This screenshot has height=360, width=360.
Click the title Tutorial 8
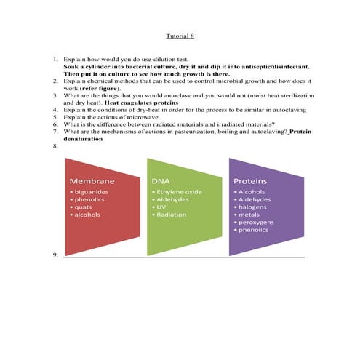pyautogui.click(x=180, y=34)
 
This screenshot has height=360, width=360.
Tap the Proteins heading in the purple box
pyautogui.click(x=249, y=180)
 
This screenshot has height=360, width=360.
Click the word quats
pyautogui.click(x=82, y=207)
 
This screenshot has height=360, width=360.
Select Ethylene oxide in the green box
pyautogui.click(x=178, y=191)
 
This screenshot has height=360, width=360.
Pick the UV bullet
pyautogui.click(x=161, y=207)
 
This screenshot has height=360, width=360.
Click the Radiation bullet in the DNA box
pyautogui.click(x=171, y=215)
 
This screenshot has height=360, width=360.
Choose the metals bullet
pyautogui.click(x=249, y=215)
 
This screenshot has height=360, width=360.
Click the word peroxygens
pyautogui.click(x=257, y=222)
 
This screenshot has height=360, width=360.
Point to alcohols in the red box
pyautogui.click(x=87, y=215)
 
